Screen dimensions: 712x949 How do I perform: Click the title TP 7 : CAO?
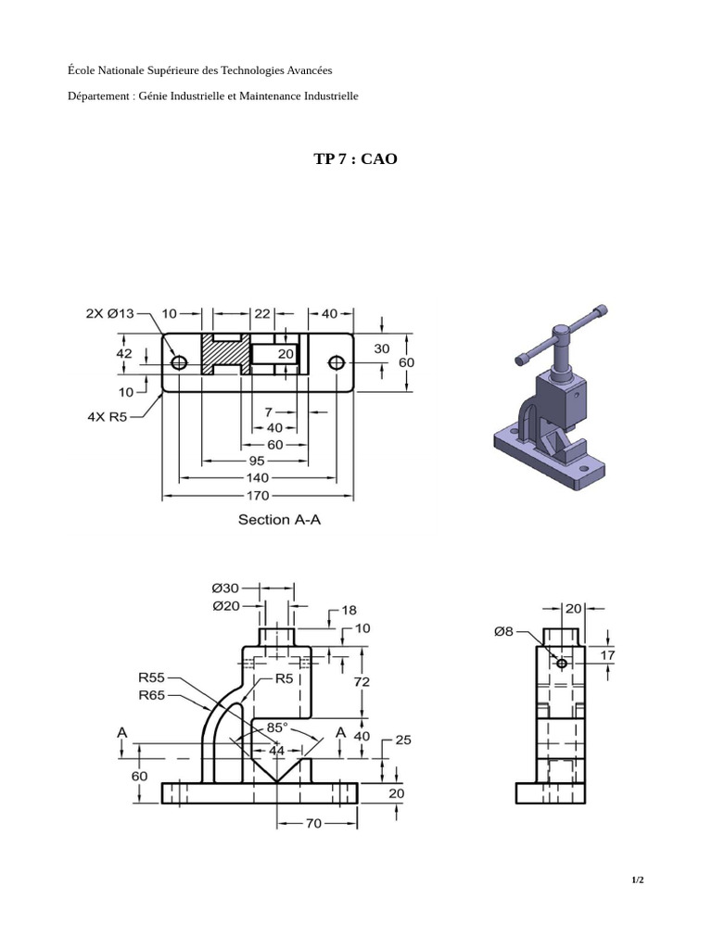pos(355,159)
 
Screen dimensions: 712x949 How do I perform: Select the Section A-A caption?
pos(279,520)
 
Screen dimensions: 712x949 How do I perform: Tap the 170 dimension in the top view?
pos(258,496)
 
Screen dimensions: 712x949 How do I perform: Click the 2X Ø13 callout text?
pos(109,313)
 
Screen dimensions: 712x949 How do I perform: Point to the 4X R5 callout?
pos(108,416)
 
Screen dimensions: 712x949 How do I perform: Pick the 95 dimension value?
pos(257,462)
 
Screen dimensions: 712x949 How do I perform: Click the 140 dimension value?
pos(258,478)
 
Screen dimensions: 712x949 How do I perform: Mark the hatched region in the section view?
pos(226,353)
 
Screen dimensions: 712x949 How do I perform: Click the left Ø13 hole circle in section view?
pos(179,362)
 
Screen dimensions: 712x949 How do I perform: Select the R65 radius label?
pos(151,695)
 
